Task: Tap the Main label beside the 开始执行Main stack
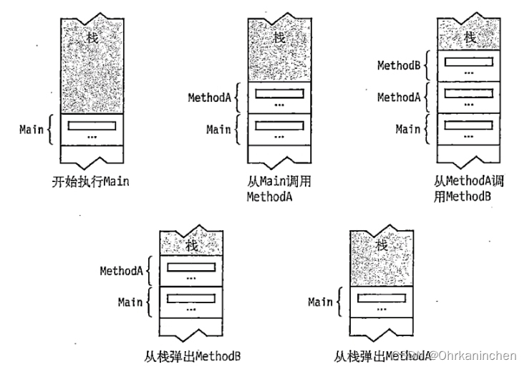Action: click(32, 130)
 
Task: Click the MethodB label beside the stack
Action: click(398, 65)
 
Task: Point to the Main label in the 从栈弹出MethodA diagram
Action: click(320, 302)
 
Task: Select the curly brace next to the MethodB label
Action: click(425, 65)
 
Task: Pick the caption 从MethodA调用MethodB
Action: click(468, 189)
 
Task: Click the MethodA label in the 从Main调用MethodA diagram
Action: click(209, 97)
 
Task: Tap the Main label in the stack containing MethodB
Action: click(407, 129)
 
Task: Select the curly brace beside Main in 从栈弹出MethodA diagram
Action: click(339, 302)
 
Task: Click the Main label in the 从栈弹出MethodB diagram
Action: click(130, 302)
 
